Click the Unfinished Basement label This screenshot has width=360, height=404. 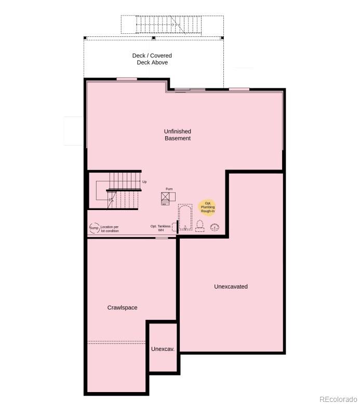(x=178, y=135)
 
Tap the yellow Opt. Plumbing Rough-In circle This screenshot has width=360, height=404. (x=207, y=207)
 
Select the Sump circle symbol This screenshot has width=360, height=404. (x=94, y=228)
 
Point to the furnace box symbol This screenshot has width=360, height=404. (x=167, y=197)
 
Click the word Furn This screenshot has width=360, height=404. (x=169, y=189)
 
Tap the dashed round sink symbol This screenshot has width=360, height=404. (x=214, y=227)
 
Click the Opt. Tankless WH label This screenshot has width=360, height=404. (x=161, y=228)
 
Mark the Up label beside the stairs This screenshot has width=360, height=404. (x=144, y=182)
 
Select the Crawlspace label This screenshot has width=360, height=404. (x=123, y=308)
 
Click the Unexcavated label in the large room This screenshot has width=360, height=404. (x=231, y=286)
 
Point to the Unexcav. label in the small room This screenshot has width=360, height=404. (x=163, y=349)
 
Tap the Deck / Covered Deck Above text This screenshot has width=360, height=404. (x=152, y=59)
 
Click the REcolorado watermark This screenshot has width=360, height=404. (x=338, y=399)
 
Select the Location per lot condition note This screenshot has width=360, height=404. (x=110, y=229)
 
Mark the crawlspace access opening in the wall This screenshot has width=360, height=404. (x=162, y=238)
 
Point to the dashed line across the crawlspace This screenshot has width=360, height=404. (x=117, y=342)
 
